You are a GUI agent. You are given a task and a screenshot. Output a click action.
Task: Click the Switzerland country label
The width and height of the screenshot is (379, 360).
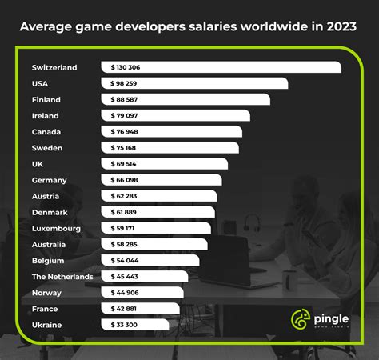pos(54,68)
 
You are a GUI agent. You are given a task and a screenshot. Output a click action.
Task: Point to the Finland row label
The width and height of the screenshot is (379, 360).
pos(46,100)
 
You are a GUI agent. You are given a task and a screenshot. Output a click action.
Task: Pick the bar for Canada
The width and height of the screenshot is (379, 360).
pos(171,132)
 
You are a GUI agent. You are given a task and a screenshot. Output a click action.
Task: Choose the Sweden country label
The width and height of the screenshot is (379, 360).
pos(47,148)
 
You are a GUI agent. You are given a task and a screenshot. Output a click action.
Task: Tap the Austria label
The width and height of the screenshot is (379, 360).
pos(46,196)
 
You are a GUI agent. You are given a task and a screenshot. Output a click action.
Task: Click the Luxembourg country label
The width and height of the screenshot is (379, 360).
pos(56,228)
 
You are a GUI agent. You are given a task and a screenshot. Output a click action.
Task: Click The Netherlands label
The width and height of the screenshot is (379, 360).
pos(62,277)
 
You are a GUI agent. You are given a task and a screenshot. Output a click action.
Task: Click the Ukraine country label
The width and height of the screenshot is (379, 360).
pos(47,325)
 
